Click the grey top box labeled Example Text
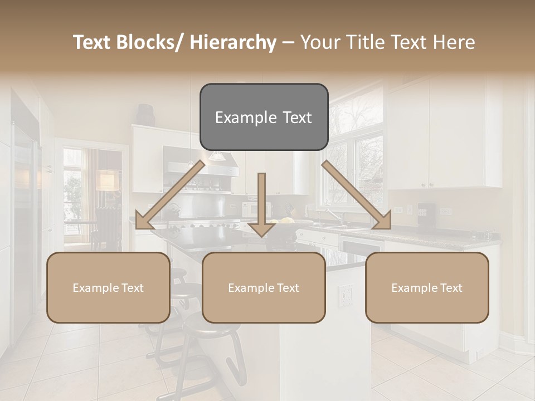coord(264,117)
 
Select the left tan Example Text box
coord(108,287)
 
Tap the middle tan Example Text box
coord(264,287)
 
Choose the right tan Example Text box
coord(427,287)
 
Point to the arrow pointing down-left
coord(170,195)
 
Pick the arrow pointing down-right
coord(357,195)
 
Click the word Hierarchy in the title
coord(233,42)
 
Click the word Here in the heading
coord(454,42)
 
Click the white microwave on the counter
coord(254,210)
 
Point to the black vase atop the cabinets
coord(146,114)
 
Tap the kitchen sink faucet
coord(332,214)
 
